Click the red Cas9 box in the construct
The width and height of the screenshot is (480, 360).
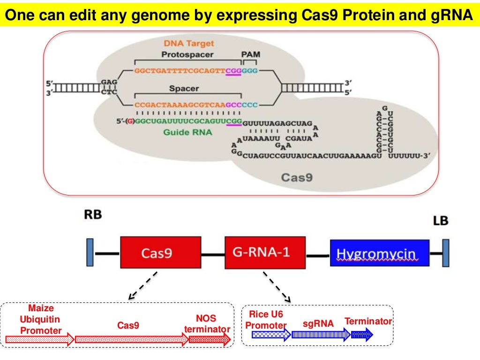(157, 253)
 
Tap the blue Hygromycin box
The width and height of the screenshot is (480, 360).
(380, 254)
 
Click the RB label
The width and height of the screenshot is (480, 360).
(93, 215)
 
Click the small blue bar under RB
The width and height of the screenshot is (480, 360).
(90, 254)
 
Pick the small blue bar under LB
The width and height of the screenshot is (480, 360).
(446, 254)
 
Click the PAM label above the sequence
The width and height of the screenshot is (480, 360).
(250, 55)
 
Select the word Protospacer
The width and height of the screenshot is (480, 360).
(187, 55)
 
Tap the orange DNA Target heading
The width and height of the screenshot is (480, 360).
(189, 44)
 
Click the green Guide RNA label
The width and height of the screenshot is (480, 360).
(187, 133)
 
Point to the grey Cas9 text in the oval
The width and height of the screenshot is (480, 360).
(297, 177)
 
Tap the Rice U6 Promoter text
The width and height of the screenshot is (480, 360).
(266, 320)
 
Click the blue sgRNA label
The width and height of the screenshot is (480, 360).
(318, 323)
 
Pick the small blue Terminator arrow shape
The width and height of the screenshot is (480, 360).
(362, 334)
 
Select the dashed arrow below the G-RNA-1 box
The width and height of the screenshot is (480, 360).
(277, 286)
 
